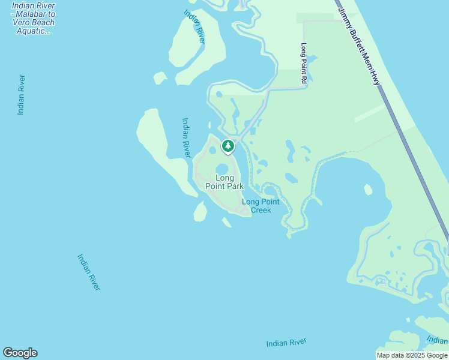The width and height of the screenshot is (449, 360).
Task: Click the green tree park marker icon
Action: click(228, 146)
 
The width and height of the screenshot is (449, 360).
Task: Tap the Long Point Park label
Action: click(224, 182)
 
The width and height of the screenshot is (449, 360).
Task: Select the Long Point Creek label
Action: click(261, 206)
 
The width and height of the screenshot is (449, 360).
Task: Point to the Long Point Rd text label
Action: click(304, 63)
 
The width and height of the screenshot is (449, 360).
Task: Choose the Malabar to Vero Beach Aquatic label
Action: click(33, 19)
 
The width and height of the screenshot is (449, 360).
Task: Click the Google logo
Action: click(20, 353)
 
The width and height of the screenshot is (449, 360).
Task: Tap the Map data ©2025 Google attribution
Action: click(412, 355)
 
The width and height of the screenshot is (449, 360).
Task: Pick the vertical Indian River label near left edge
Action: click(22, 94)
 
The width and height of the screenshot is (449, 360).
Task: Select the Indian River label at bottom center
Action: click(286, 343)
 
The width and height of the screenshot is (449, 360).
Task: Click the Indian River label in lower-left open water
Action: click(88, 272)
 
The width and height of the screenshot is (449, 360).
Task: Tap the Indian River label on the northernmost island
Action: click(194, 27)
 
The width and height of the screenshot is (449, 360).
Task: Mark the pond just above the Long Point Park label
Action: click(222, 168)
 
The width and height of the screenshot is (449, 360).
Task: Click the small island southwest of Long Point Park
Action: click(200, 211)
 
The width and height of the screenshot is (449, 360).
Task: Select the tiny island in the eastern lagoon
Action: click(368, 190)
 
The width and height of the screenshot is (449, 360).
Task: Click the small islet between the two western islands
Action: click(160, 78)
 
